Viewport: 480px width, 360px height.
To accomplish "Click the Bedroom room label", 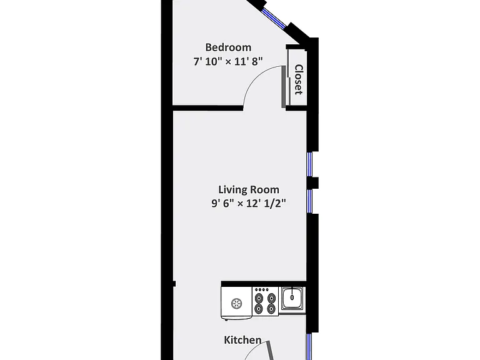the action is pyautogui.click(x=228, y=47).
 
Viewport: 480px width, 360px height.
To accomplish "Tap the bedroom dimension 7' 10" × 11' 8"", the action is pyautogui.click(x=228, y=61).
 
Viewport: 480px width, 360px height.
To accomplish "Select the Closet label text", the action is pyautogui.click(x=299, y=79).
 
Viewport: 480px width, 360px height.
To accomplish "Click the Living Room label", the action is pyautogui.click(x=249, y=189).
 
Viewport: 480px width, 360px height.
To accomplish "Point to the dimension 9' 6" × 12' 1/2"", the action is pyautogui.click(x=249, y=203).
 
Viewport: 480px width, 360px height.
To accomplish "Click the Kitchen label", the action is pyautogui.click(x=242, y=340).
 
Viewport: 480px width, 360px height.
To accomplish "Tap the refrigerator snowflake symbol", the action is pyautogui.click(x=236, y=304).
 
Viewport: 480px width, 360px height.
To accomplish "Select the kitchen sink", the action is pyautogui.click(x=292, y=297).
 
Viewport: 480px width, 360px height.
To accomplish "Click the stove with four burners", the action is pyautogui.click(x=266, y=301).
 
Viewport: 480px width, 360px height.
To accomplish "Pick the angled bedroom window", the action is pyautogui.click(x=274, y=17).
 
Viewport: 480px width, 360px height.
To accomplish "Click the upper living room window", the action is pyautogui.click(x=310, y=164).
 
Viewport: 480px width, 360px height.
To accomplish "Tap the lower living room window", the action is pyautogui.click(x=310, y=201).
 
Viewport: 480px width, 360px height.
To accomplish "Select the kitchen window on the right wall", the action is pyautogui.click(x=309, y=346).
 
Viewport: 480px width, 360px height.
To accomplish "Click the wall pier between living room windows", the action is pyautogui.click(x=312, y=182).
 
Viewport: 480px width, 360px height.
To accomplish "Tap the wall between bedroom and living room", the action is pyautogui.click(x=208, y=107).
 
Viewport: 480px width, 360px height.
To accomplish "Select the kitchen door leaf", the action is pyautogui.click(x=270, y=351).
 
